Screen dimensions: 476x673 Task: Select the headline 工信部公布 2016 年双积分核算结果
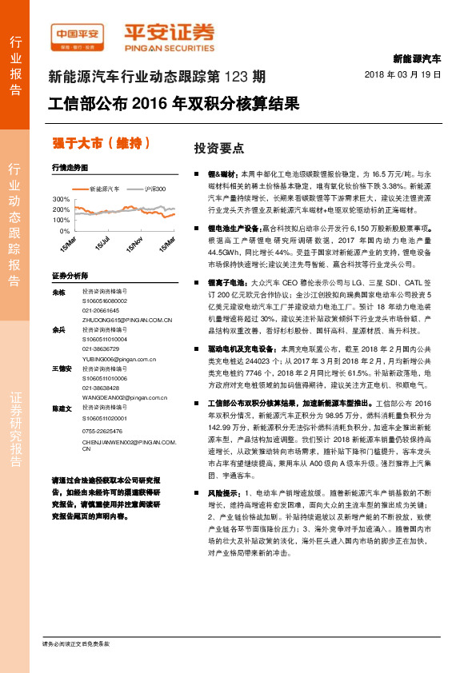pyautogui.click(x=174, y=104)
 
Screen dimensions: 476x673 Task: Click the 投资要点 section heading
pyautogui.click(x=218, y=149)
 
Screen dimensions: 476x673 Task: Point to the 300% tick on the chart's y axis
pyautogui.click(x=61, y=198)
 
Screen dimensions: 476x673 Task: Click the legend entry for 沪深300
pyautogui.click(x=155, y=189)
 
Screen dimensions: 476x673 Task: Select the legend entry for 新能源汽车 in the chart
pyautogui.click(x=103, y=189)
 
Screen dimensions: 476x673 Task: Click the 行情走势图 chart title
pyautogui.click(x=68, y=169)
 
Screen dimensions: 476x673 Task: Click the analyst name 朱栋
pyautogui.click(x=58, y=293)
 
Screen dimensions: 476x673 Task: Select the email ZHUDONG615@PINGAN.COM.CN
pyautogui.click(x=127, y=319)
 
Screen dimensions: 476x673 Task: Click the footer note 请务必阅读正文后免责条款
pyautogui.click(x=75, y=643)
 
